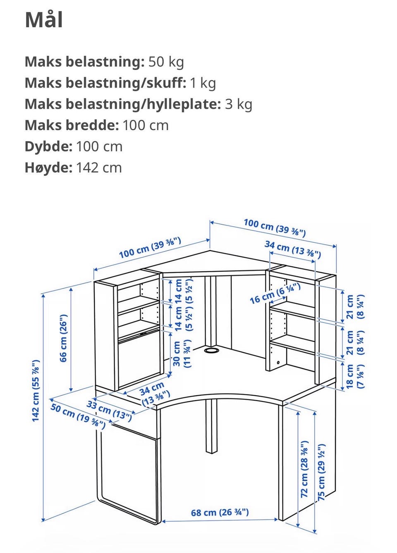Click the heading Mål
44,20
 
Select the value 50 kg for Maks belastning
166,62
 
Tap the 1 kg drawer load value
203,83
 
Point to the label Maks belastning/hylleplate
122,104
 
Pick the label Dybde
48,147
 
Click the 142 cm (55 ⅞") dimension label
36,390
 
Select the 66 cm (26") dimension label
63,338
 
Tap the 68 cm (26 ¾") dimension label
220,513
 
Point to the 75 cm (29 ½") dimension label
322,472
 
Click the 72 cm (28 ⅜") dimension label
304,469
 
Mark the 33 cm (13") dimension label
109,410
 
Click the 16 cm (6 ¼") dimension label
275,293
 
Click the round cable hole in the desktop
212,351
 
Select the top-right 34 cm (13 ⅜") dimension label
292,249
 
